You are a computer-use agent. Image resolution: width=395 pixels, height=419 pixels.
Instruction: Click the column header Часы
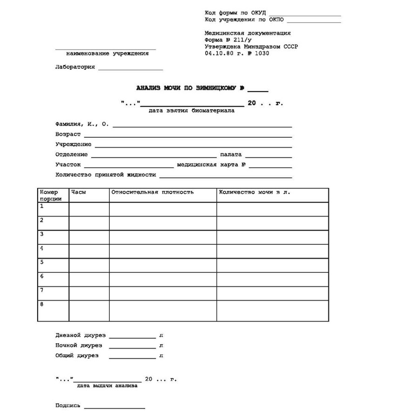point(78,192)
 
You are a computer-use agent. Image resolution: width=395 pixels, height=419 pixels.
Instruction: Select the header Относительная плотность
point(152,192)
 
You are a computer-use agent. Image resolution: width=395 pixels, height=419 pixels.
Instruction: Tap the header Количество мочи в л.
point(254,192)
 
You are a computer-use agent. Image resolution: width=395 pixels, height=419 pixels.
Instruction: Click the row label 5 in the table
point(42,262)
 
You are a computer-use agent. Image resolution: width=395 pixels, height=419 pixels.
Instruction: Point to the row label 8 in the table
point(42,304)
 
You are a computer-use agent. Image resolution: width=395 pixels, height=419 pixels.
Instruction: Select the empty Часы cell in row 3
point(89,237)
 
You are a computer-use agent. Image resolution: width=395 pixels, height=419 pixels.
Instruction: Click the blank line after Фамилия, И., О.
point(202,126)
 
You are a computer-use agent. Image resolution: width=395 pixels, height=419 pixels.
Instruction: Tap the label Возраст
point(68,134)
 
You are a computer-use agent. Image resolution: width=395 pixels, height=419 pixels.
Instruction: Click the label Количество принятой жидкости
point(106,175)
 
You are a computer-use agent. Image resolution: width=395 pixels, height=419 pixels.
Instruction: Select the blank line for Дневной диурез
point(132,338)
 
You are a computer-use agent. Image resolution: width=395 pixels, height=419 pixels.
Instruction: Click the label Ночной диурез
point(79,345)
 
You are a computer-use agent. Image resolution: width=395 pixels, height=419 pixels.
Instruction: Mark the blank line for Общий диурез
point(132,358)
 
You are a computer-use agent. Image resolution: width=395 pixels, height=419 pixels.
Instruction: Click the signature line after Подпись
point(114,408)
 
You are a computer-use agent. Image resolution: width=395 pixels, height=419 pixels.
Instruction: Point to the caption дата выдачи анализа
point(107,385)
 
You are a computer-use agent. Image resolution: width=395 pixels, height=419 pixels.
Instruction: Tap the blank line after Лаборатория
point(130,69)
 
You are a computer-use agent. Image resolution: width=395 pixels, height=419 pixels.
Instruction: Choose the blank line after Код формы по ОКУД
point(304,15)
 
